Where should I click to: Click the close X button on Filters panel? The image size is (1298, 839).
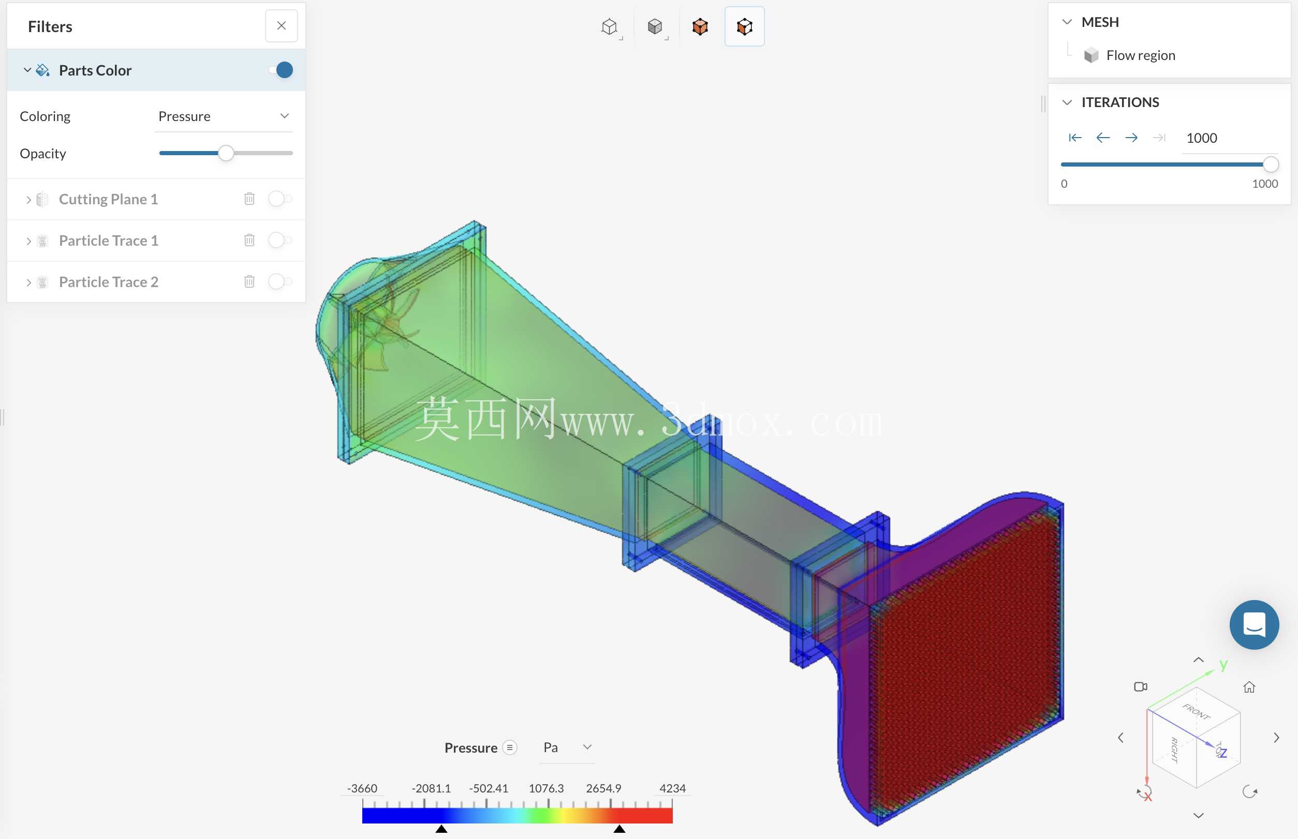tap(282, 26)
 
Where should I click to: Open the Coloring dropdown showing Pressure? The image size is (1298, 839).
tap(224, 116)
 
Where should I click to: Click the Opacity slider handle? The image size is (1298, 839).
tap(226, 154)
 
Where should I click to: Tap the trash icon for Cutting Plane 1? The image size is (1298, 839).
tap(249, 199)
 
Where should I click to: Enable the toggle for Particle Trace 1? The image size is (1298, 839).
tap(280, 240)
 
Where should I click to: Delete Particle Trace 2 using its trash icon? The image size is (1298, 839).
tap(249, 282)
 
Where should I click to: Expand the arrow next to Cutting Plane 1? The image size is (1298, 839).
tap(28, 199)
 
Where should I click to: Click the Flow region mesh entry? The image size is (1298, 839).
tap(1140, 55)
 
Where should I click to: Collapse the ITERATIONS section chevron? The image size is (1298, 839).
tap(1067, 102)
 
